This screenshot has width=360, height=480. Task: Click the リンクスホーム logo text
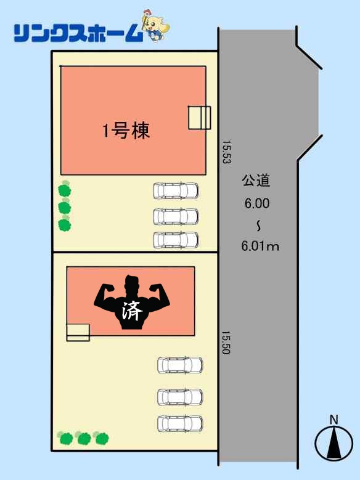[78, 33]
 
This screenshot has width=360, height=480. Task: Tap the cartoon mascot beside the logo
[155, 25]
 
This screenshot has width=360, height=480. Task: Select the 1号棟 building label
[126, 131]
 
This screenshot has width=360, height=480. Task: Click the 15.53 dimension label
[227, 152]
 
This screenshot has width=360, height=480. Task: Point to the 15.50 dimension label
[226, 343]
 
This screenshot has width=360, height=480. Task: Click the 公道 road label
[256, 180]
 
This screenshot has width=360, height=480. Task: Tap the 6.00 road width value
[257, 203]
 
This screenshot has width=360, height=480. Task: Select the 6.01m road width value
[260, 246]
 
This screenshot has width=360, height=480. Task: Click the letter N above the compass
[334, 420]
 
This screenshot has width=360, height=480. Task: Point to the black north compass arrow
[334, 443]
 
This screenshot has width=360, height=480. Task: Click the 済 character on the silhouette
[132, 311]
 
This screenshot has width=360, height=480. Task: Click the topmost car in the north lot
[176, 191]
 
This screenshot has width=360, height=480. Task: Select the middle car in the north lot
[176, 216]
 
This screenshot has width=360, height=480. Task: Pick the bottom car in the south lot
[180, 424]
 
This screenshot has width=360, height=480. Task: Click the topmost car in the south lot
[180, 365]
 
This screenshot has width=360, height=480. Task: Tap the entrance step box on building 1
[200, 118]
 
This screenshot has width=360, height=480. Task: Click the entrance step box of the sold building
[78, 333]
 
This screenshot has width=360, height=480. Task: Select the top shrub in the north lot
[65, 189]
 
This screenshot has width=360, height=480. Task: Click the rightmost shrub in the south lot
[101, 437]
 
